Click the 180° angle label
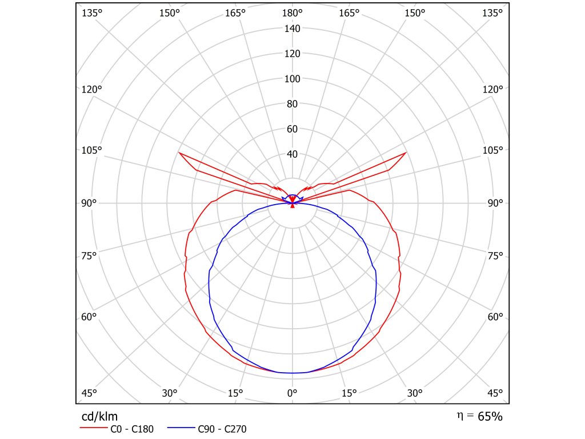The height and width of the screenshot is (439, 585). point(292,13)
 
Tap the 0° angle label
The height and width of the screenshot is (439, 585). point(292,393)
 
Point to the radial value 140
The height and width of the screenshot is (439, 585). point(292,29)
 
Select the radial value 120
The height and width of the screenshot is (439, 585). point(292,54)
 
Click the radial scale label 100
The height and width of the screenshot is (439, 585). point(292,79)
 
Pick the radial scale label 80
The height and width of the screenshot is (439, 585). point(292,104)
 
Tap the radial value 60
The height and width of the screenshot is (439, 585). point(292,129)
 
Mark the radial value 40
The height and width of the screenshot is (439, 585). point(292,154)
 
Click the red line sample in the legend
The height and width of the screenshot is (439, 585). point(92,429)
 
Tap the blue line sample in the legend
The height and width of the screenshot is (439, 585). point(182,429)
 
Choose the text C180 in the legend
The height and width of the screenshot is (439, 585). point(142,429)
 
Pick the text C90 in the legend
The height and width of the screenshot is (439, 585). point(206,429)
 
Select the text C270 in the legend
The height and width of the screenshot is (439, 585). point(234,429)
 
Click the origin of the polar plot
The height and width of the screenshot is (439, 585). point(292,203)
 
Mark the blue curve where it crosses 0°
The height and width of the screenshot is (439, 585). point(292,373)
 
